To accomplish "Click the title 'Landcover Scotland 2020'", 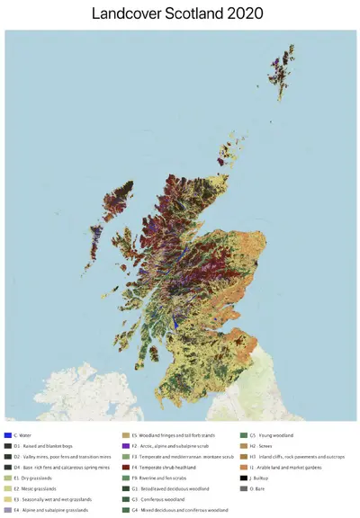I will [x=180, y=14].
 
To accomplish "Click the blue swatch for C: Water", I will [x=7, y=435].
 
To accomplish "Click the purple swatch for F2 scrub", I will [x=125, y=446].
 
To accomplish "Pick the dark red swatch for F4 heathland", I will [x=125, y=468].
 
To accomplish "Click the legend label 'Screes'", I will [x=261, y=446].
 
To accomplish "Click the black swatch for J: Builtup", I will [x=243, y=478].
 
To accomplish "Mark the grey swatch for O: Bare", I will [x=243, y=489].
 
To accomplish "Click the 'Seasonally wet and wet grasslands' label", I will [x=50, y=500].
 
